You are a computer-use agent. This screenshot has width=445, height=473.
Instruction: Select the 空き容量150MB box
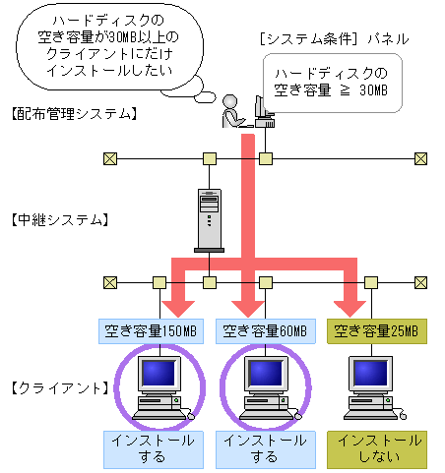pos(154,331)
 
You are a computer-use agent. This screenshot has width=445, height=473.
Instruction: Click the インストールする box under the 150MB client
pos(154,447)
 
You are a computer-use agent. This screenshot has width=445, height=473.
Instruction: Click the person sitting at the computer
pos(232,110)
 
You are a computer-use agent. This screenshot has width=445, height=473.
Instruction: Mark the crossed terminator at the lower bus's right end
pos(421,282)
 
